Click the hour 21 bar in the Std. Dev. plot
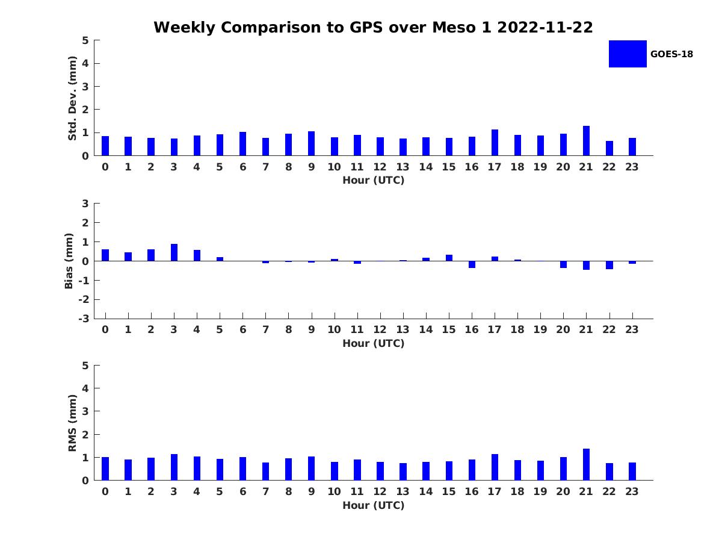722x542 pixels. coord(586,141)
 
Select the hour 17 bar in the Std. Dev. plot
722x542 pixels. coord(495,143)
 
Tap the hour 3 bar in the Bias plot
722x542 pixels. coord(174,252)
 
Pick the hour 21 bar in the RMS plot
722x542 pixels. coord(586,464)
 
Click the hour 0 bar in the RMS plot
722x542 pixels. coord(105,469)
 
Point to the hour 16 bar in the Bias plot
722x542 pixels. coord(472,264)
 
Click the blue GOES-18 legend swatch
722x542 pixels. coord(628,54)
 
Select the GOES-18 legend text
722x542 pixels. coord(671,54)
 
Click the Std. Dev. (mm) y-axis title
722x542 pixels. coord(73,98)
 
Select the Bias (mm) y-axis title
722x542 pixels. coord(69,261)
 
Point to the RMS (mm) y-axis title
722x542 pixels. coord(73,423)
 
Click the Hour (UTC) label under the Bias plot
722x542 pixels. coord(373,343)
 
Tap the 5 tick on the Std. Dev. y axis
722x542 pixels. coord(85,40)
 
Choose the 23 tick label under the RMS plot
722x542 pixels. coord(632,491)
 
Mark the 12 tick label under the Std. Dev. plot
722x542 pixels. coord(380,167)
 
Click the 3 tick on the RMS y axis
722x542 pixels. coord(85,411)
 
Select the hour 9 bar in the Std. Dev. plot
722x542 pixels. coord(311,143)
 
